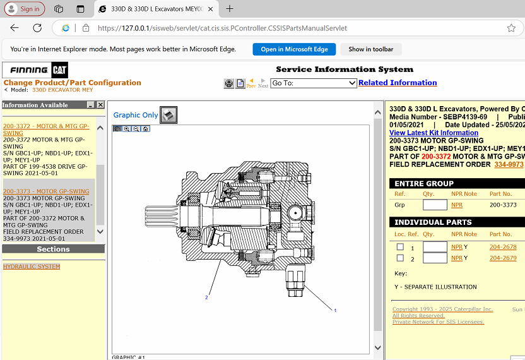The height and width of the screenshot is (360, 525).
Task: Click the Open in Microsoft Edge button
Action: pyautogui.click(x=294, y=49)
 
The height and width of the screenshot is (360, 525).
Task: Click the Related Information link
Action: pyautogui.click(x=397, y=83)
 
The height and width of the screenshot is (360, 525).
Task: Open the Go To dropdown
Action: pyautogui.click(x=314, y=83)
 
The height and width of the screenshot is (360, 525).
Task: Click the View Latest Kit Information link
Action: pyautogui.click(x=434, y=133)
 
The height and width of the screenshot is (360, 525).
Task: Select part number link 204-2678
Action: pyautogui.click(x=503, y=247)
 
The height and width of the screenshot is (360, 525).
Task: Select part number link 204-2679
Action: pyautogui.click(x=503, y=258)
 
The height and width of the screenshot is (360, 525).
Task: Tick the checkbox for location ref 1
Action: pyautogui.click(x=400, y=247)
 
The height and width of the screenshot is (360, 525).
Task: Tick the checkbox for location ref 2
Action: pyautogui.click(x=400, y=258)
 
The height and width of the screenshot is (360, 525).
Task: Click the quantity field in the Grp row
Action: pyautogui.click(x=435, y=205)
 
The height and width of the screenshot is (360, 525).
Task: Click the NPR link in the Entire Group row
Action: pyautogui.click(x=457, y=205)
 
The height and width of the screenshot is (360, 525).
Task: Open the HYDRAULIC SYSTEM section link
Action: pyautogui.click(x=32, y=267)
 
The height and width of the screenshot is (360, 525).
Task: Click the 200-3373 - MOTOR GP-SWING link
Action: pyautogui.click(x=46, y=191)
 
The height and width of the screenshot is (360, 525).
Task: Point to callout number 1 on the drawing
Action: pyautogui.click(x=335, y=310)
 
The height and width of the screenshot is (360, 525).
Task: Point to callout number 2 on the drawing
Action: pyautogui.click(x=206, y=297)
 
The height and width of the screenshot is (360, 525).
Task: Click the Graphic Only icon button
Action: pyautogui.click(x=168, y=114)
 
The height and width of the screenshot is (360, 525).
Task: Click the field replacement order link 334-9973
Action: pyautogui.click(x=509, y=164)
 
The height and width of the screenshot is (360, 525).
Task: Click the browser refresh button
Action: pyautogui.click(x=37, y=28)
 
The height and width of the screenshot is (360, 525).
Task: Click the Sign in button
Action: pyautogui.click(x=23, y=9)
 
